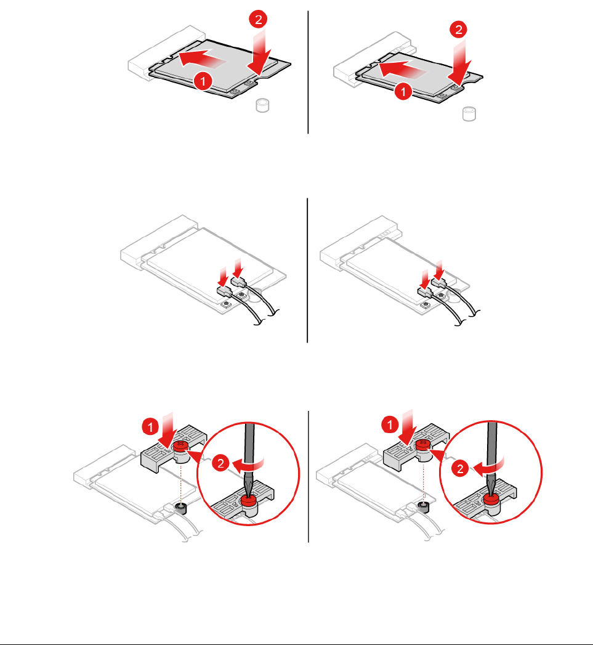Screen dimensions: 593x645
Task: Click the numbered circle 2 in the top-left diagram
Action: coord(258,19)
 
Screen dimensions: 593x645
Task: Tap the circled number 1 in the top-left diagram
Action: coord(203,81)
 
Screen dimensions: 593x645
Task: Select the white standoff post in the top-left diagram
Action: coord(262,105)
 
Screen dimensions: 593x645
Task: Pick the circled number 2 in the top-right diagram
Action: coord(458,30)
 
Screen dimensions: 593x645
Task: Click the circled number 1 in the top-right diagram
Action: coord(403,91)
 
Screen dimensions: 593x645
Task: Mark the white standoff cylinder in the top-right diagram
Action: coord(469,114)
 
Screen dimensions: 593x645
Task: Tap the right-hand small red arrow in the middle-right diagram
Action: coord(439,270)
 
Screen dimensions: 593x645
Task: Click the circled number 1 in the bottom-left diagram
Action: coord(150,426)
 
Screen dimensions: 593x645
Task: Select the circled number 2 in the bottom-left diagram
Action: coord(221,463)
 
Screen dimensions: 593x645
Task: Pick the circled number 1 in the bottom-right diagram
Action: coord(390,425)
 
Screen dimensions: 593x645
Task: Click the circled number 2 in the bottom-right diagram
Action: coord(460,469)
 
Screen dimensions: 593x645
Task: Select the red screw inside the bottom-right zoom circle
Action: coord(491,500)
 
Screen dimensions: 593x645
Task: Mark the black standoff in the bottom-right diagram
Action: coord(424,507)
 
